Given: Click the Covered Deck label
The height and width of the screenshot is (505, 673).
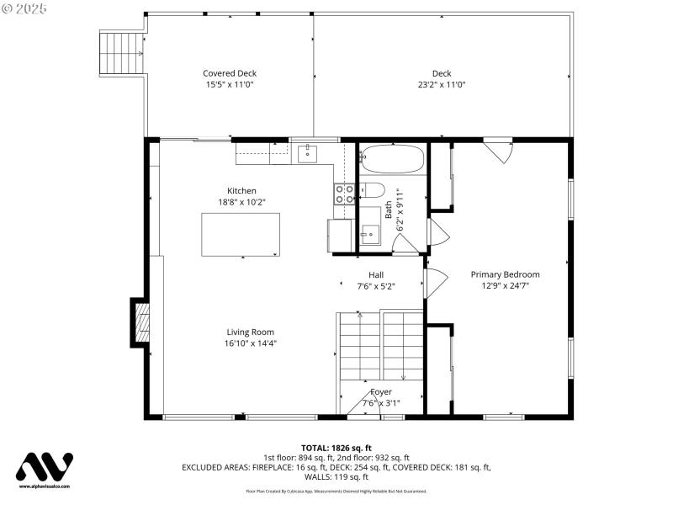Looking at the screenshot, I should click(230, 73).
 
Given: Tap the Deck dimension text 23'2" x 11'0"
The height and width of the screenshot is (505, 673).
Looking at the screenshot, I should click(442, 84).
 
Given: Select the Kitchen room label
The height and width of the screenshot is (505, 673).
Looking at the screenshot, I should click(241, 191).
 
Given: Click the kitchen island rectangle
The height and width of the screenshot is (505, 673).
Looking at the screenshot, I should click(241, 235).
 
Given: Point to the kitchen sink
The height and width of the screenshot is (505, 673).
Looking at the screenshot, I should click(307, 153).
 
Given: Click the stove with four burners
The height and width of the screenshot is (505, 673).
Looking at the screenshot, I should click(345, 194).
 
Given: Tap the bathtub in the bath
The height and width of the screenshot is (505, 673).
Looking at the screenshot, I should click(392, 159).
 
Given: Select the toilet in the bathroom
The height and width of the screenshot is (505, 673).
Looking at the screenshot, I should click(372, 190).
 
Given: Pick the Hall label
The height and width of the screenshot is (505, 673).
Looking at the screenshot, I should click(376, 274).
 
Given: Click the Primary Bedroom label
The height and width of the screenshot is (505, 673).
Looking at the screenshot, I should click(505, 274).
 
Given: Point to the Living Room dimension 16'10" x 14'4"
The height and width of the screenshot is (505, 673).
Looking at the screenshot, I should click(250, 343).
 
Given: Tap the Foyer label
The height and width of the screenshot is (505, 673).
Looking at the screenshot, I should click(381, 392).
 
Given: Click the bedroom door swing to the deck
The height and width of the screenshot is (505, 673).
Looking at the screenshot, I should click(498, 151).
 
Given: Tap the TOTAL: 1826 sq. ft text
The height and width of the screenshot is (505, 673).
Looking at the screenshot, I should click(336, 448).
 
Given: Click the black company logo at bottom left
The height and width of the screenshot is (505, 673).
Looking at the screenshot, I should click(45, 467).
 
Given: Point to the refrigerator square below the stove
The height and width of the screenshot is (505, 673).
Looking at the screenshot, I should click(340, 235).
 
